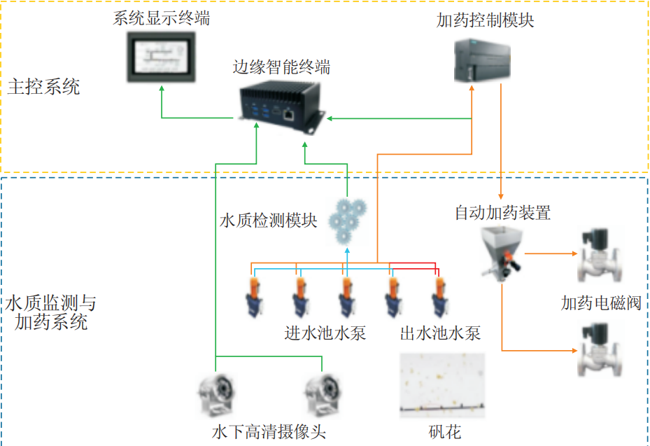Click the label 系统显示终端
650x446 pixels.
(x=161, y=18)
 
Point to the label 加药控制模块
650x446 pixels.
(x=485, y=20)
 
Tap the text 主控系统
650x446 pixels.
(x=43, y=87)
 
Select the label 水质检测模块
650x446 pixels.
(x=268, y=221)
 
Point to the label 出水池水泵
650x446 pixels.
(x=440, y=332)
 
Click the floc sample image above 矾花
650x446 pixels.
(x=441, y=385)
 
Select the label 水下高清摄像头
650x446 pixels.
(x=269, y=431)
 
